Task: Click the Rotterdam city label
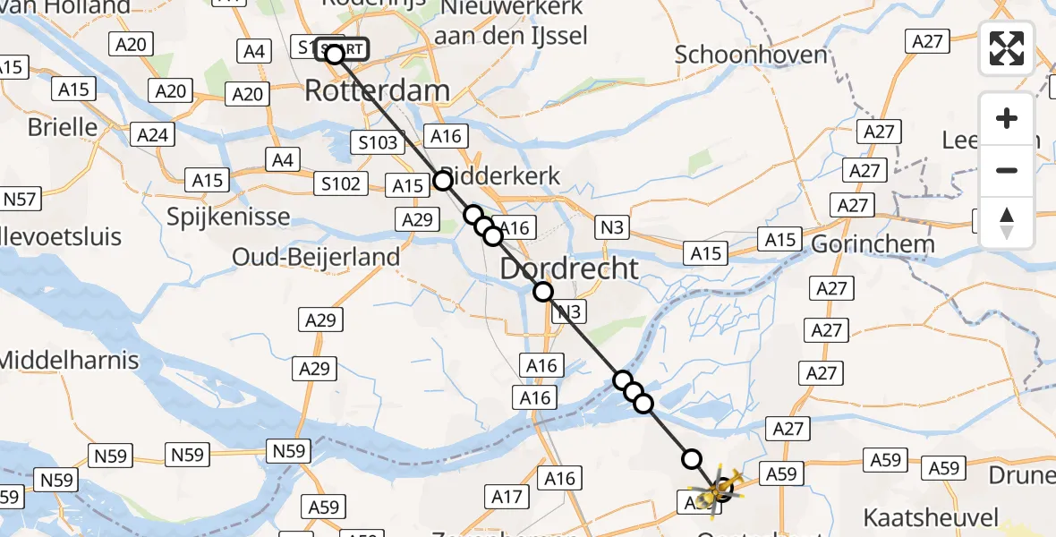377,90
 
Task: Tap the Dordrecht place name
569,268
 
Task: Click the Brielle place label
63,127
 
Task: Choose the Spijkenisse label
228,217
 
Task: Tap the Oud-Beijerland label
316,257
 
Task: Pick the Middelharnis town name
70,361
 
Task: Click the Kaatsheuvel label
930,516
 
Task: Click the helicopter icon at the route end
720,490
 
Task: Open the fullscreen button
1007,48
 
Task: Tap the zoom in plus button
1007,118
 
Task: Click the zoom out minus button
1007,170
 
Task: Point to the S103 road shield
379,142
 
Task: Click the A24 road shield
154,135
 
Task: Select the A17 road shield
507,495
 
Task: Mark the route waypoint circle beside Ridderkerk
443,181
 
